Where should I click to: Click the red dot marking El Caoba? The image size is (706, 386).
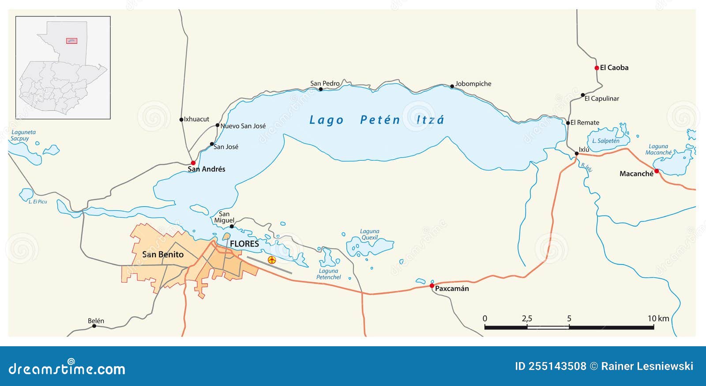click(597, 68)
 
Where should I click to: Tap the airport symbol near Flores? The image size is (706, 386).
click(272, 260)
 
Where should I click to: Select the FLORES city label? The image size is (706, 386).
click(244, 244)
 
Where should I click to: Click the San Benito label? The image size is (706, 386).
click(163, 254)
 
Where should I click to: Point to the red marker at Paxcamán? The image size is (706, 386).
click(432, 286)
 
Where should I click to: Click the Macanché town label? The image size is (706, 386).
click(636, 174)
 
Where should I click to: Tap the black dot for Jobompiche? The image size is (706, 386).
click(452, 87)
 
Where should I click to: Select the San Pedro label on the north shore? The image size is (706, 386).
click(325, 83)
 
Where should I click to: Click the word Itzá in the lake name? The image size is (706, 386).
click(430, 120)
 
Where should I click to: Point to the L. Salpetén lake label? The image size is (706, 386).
click(605, 141)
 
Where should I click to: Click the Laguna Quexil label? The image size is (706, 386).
click(369, 235)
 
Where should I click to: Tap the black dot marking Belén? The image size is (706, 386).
click(94, 326)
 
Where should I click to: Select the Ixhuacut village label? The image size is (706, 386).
click(196, 119)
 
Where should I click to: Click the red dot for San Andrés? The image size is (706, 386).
click(193, 163)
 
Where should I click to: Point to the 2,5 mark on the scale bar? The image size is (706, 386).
click(527, 319)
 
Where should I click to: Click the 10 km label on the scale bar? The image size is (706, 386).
click(658, 318)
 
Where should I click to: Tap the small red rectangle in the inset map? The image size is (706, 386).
click(71, 41)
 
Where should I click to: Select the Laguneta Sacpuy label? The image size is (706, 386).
click(23, 135)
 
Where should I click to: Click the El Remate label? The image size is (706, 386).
click(585, 123)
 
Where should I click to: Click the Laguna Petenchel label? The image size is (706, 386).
click(328, 274)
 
